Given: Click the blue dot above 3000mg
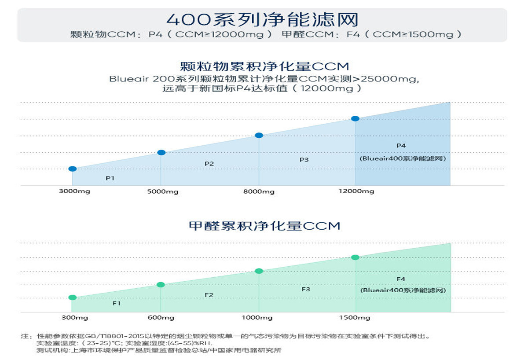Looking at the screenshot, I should tap(73, 169).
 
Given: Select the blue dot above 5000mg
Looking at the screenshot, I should tap(161, 152).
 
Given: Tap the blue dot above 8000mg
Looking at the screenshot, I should tap(259, 135).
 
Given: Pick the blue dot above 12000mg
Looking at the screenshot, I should tap(355, 118).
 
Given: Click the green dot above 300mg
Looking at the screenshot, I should tap(73, 298).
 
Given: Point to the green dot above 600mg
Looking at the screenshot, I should tap(161, 285).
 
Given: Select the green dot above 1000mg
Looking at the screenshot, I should tap(259, 271).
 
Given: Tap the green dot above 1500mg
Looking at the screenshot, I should tap(355, 257).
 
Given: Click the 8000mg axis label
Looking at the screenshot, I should tap(259, 191).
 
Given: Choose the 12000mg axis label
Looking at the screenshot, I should tap(356, 191).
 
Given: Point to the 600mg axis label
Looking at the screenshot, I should tap(161, 318).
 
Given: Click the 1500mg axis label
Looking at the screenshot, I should tap(355, 318).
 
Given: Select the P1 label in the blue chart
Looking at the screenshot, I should tap(110, 178).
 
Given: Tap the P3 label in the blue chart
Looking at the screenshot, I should tap(304, 160).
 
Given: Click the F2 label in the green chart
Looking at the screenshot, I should tap(209, 295).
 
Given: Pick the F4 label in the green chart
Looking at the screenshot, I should tap(401, 279).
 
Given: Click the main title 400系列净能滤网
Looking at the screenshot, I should tap(262, 20).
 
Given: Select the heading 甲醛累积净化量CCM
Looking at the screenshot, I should tap(264, 226).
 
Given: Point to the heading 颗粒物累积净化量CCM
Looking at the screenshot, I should tap(264, 66).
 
